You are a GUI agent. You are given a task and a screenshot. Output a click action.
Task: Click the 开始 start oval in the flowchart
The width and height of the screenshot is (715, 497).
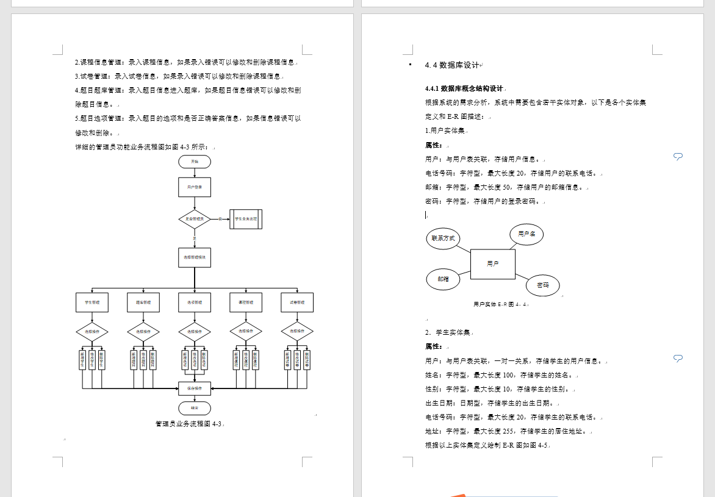(195, 162)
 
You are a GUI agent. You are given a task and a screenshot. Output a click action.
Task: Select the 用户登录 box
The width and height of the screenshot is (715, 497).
(195, 187)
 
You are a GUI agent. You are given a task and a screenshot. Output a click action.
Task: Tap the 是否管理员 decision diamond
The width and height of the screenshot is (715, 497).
(195, 219)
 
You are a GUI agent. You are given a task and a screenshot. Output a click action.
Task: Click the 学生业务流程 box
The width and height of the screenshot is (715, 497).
(246, 219)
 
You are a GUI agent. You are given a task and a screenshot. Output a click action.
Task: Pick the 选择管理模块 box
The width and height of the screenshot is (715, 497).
(195, 258)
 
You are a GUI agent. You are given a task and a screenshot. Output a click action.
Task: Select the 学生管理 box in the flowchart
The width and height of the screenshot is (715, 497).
(92, 302)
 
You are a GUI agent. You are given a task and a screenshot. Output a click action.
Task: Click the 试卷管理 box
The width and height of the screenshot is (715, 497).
(297, 302)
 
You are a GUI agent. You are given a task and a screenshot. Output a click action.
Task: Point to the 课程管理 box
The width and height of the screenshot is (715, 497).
(246, 302)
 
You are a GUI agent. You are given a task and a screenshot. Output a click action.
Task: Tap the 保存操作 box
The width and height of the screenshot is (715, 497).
(195, 387)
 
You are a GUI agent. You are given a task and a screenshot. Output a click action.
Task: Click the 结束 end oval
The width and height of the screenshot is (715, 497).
(195, 407)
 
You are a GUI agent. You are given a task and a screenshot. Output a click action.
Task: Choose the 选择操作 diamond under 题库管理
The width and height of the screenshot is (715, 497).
(143, 332)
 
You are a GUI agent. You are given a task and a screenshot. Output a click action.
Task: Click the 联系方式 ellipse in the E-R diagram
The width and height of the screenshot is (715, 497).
(443, 238)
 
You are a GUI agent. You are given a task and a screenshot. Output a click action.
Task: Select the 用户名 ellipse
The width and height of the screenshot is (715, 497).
(526, 234)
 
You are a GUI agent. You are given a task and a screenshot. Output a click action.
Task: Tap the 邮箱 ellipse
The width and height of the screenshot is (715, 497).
(443, 279)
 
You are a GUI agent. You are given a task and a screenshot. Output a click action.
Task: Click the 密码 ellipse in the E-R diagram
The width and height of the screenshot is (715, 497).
(542, 285)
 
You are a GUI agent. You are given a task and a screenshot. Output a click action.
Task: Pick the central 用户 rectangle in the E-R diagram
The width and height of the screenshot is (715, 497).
(493, 264)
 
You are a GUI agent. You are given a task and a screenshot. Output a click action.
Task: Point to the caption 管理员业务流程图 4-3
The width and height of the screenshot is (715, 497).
(189, 423)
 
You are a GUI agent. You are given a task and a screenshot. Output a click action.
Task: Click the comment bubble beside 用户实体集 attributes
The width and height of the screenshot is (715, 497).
(678, 157)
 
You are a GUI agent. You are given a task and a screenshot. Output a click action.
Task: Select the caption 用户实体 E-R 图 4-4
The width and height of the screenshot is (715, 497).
(500, 304)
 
